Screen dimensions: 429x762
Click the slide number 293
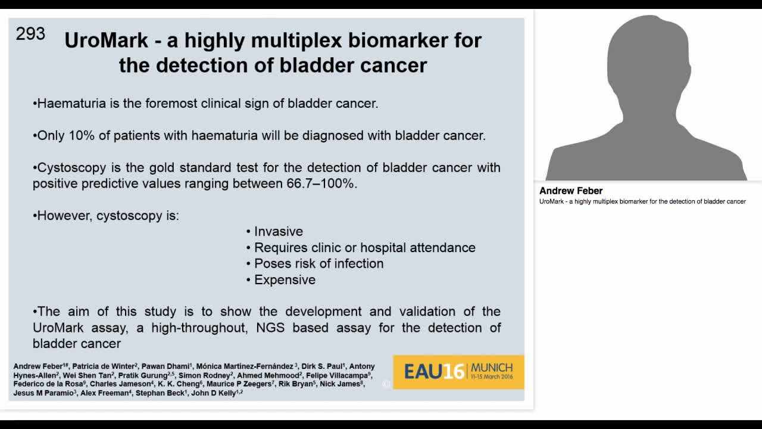[30, 34]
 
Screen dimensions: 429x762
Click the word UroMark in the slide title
[106, 41]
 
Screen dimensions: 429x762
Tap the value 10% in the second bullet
[82, 135]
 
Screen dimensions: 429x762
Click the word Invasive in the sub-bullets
[278, 231]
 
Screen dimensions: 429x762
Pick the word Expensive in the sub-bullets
[285, 279]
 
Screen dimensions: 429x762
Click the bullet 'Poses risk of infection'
[318, 263]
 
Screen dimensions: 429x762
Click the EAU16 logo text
[433, 372]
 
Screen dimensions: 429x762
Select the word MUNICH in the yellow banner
[491, 367]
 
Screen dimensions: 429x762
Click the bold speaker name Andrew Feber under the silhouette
[571, 191]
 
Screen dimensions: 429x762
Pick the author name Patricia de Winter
[104, 366]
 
